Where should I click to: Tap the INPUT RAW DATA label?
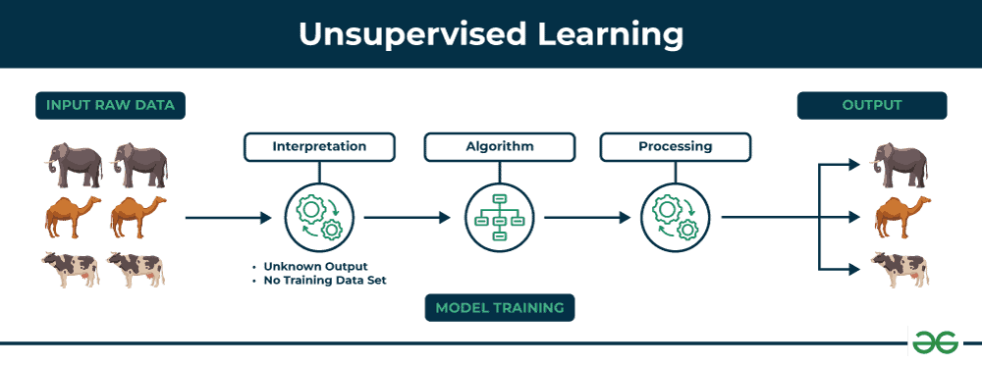pos(110,105)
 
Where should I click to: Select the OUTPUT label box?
pos(871,105)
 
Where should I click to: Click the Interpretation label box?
pos(319,147)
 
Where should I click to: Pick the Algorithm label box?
pos(499,147)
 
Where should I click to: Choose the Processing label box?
pos(675,147)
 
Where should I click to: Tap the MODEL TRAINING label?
pos(499,307)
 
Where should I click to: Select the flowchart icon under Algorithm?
pos(498,218)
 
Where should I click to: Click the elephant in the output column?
pos(900,164)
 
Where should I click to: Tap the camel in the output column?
pos(900,216)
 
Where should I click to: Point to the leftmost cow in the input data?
pos(71,269)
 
